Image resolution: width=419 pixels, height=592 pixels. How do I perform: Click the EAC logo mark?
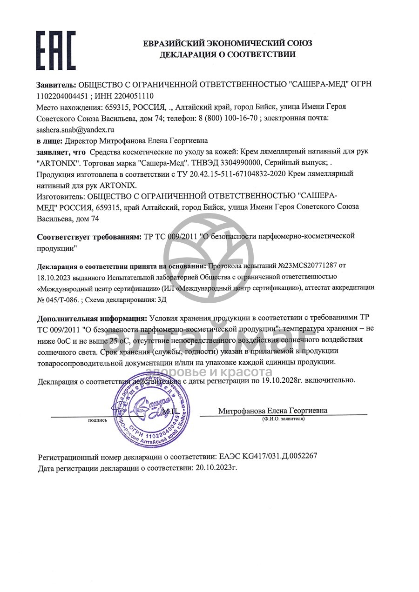pyautogui.click(x=55, y=50)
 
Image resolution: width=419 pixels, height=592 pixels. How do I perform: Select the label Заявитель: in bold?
pyautogui.click(x=56, y=85)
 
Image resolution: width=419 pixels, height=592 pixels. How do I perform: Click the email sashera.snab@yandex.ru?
pyautogui.click(x=75, y=130)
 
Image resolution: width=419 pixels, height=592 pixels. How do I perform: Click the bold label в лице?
pyautogui.click(x=49, y=140)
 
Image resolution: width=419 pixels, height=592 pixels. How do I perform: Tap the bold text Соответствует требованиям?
pyautogui.click(x=89, y=237)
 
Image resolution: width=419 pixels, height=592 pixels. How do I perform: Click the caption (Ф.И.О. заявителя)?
pyautogui.click(x=283, y=419)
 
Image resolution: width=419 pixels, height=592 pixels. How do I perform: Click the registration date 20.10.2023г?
pyautogui.click(x=215, y=467)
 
